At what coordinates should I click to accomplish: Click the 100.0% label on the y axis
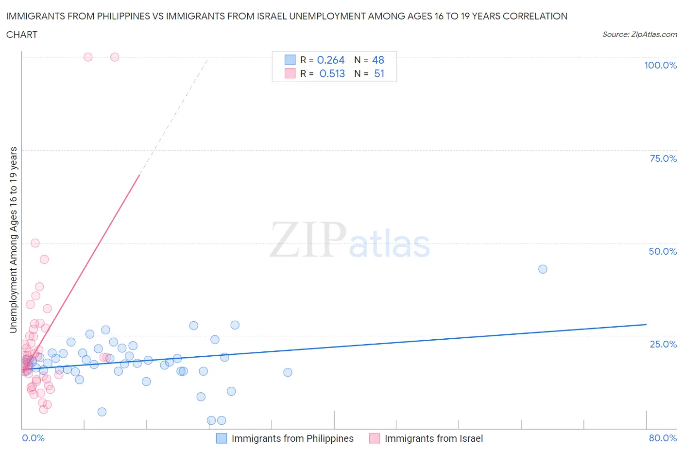click(x=660, y=66)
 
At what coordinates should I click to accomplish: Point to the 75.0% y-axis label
click(x=663, y=158)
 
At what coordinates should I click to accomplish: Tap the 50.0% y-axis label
click(x=663, y=251)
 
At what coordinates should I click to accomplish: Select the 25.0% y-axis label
click(x=663, y=344)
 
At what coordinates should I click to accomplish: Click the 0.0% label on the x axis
click(x=33, y=438)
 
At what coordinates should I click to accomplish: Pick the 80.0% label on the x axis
click(x=663, y=438)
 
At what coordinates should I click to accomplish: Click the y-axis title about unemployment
click(x=14, y=240)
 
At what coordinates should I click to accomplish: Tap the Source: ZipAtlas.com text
click(x=639, y=34)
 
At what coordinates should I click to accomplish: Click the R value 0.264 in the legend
click(x=331, y=60)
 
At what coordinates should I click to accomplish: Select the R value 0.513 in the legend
click(x=332, y=73)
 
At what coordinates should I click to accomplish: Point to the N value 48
click(x=378, y=60)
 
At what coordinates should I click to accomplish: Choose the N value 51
click(x=379, y=73)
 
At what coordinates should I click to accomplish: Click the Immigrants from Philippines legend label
click(x=292, y=438)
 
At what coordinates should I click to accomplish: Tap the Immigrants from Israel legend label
click(x=434, y=438)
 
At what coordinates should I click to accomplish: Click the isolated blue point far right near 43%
click(x=543, y=269)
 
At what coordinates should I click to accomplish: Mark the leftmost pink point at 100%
click(x=88, y=57)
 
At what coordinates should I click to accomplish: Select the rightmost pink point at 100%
click(x=115, y=57)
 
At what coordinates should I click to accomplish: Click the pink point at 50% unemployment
click(x=35, y=243)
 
